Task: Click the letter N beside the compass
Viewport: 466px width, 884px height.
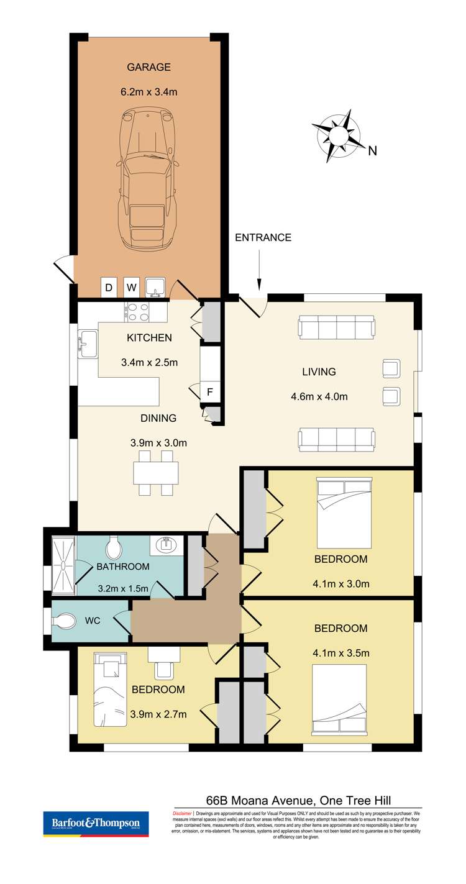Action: point(373,150)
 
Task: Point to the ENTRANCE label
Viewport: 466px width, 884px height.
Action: point(263,237)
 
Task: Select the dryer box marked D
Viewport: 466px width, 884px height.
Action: point(109,288)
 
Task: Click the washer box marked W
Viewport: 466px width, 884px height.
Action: point(131,288)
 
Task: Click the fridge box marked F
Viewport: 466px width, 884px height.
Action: point(210,392)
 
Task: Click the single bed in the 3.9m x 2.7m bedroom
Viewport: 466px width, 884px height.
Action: point(110,689)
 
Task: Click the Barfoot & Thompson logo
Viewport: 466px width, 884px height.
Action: point(96,824)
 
